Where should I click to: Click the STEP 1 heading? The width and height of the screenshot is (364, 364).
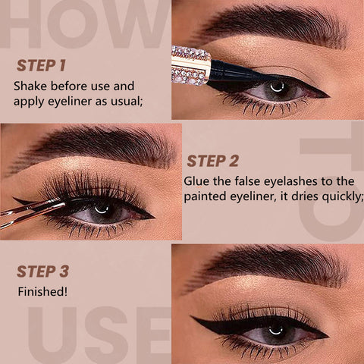coord(41,65)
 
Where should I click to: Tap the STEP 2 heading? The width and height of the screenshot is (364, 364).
coord(212,161)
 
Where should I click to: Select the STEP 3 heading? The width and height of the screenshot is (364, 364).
coord(42,271)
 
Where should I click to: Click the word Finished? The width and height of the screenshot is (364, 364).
coord(42,291)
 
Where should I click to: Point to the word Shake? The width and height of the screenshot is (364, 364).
coord(30,86)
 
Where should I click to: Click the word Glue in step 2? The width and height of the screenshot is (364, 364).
coord(196,181)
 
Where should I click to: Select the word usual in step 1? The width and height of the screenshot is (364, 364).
coord(127,102)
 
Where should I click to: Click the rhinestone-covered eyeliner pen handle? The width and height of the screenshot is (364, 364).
coord(191,65)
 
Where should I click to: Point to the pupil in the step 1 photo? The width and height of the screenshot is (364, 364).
coord(277,87)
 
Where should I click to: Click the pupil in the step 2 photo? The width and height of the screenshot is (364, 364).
coord(102,209)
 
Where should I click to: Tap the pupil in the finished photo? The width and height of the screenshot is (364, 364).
coord(275,330)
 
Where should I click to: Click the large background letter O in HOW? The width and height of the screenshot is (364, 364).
coord(73,24)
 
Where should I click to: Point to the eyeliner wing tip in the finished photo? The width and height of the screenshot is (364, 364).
coord(192,317)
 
